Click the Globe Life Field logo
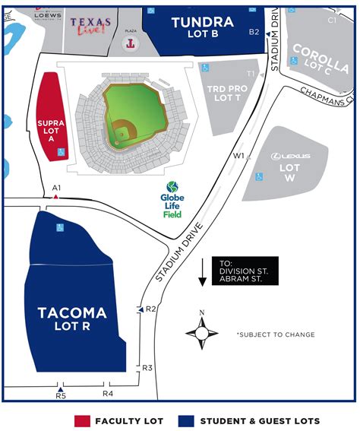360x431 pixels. tap(172, 200)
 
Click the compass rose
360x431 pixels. tap(202, 332)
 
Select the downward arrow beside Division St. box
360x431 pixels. tap(203, 271)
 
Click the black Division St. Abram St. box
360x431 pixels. tap(245, 271)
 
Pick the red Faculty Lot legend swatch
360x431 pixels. tap(83, 420)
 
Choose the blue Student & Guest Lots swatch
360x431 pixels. tap(187, 420)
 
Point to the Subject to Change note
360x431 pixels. tap(275, 334)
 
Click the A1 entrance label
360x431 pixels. tap(56, 187)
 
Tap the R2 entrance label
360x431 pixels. tap(150, 309)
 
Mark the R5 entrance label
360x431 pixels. tap(61, 395)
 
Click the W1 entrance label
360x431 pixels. tap(238, 156)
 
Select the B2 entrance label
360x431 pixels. tap(254, 32)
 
